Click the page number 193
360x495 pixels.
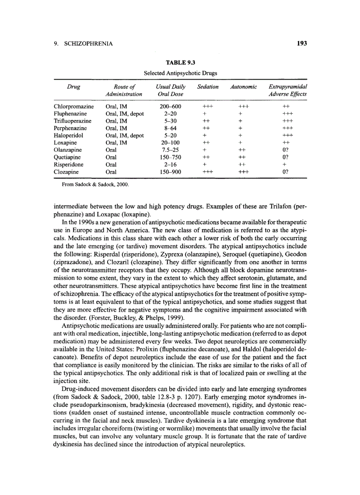tap(301, 43)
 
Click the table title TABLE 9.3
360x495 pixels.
tap(180, 63)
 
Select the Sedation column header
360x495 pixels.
tap(208, 87)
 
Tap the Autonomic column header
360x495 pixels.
tap(244, 87)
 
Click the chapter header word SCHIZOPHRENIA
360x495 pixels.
tap(86, 44)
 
